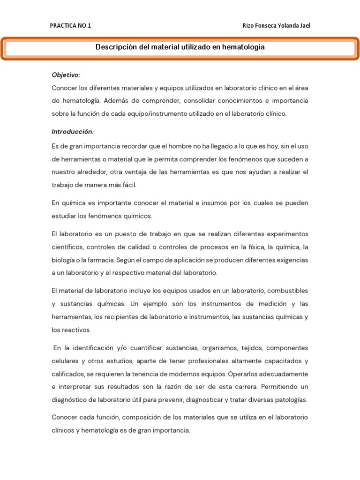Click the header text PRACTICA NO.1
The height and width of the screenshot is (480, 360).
71,26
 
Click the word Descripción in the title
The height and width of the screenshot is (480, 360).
116,47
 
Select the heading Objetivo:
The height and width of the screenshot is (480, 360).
66,75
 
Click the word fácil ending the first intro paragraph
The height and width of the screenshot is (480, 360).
128,185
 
